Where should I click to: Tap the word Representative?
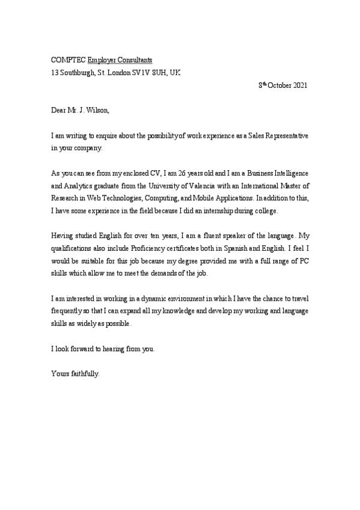283,136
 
